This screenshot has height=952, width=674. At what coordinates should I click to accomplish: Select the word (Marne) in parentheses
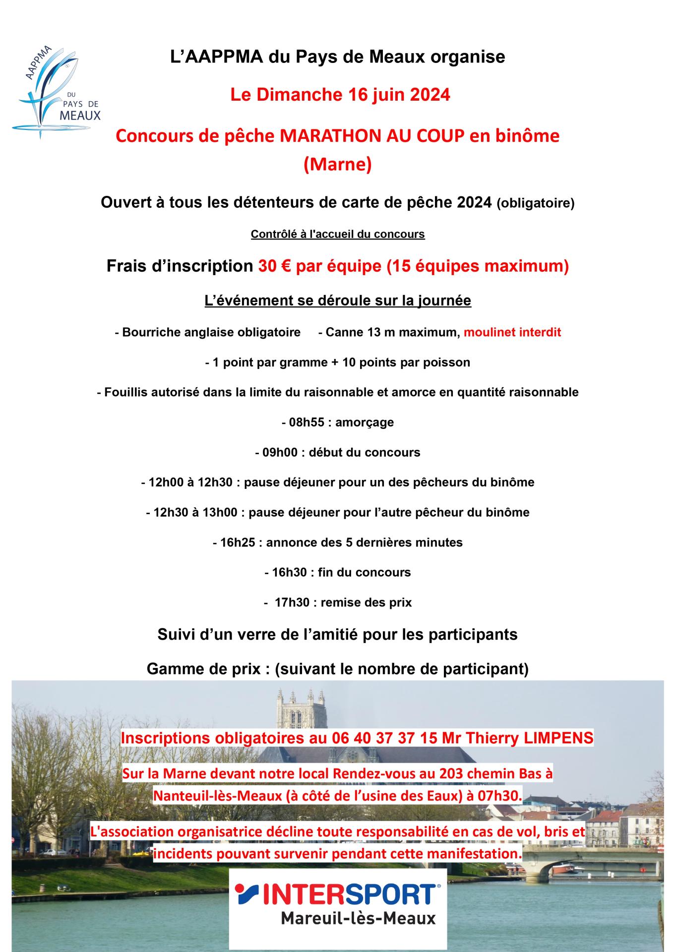tap(337, 165)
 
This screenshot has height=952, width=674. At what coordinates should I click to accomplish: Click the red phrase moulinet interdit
tap(512, 332)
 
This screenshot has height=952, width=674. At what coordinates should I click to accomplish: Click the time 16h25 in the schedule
tap(238, 542)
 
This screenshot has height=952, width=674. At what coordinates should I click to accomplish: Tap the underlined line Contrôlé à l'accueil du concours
tap(338, 234)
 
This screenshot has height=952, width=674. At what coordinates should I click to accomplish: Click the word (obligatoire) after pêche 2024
tap(535, 204)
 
